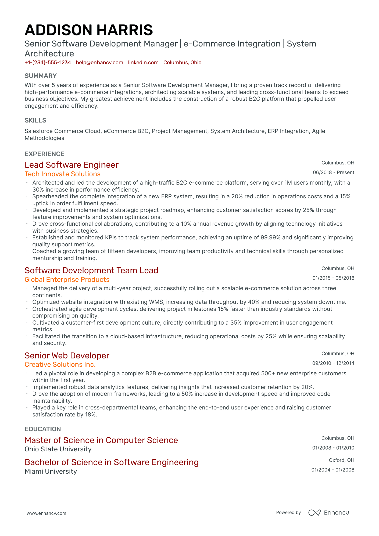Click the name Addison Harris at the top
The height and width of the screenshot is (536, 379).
[89, 30]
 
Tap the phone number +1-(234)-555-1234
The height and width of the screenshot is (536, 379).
[48, 63]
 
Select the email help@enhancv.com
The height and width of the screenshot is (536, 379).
[99, 63]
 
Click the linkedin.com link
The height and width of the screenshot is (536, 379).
[143, 63]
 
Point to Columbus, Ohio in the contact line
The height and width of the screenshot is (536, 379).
[182, 63]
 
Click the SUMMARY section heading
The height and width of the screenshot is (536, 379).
[41, 76]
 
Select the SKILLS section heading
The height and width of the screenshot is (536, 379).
[35, 120]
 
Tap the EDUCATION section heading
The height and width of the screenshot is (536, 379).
[43, 429]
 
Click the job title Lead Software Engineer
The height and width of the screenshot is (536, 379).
[71, 165]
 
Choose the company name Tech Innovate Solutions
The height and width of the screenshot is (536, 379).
[63, 174]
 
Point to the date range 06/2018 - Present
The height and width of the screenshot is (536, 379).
[333, 172]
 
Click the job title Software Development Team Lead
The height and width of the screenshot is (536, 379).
[91, 270]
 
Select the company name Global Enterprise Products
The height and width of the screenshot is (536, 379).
[67, 280]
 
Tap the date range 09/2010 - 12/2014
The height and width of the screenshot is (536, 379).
[333, 363]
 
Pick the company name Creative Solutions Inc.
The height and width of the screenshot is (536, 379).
[60, 365]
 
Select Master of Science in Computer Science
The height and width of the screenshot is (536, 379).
[101, 440]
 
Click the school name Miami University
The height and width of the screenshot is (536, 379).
[51, 472]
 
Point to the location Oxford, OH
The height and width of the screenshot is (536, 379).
[341, 460]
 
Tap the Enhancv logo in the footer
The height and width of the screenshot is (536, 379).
[328, 513]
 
